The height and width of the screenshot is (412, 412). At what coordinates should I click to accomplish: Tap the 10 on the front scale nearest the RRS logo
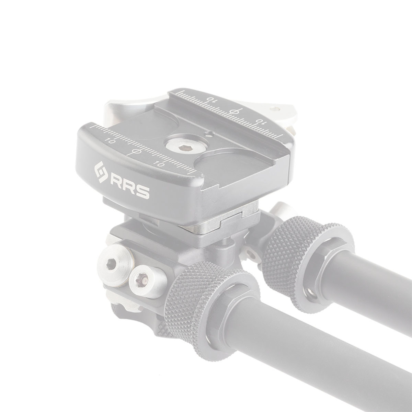click(x=110, y=140)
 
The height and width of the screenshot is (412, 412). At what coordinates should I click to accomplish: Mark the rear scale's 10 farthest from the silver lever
click(x=210, y=99)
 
